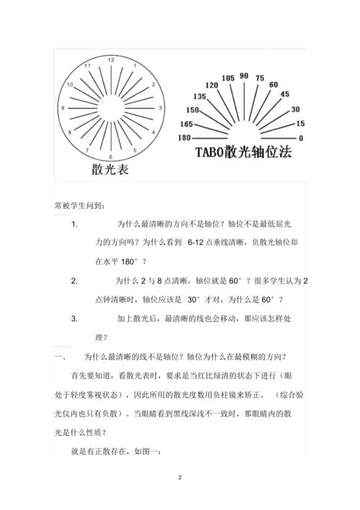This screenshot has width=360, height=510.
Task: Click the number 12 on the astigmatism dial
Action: (x=110, y=61)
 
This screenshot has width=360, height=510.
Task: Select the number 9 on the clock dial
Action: (x=63, y=108)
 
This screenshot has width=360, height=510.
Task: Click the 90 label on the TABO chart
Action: (x=244, y=76)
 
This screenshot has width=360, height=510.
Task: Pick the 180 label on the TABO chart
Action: (x=184, y=137)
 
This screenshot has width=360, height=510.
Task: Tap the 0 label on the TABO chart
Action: (x=300, y=138)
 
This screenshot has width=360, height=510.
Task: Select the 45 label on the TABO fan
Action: (x=284, y=94)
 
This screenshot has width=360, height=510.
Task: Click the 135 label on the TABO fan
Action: (x=199, y=96)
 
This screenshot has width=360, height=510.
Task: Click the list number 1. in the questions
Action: (x=75, y=224)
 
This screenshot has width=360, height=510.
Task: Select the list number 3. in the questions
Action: (x=75, y=318)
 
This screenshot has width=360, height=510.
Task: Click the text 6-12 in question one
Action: (x=197, y=243)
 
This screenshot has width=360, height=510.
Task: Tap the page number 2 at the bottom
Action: (x=180, y=477)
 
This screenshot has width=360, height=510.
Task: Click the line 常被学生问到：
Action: (x=79, y=205)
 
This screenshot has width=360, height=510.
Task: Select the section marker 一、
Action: (x=60, y=356)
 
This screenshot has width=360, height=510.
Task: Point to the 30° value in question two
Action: (x=194, y=299)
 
